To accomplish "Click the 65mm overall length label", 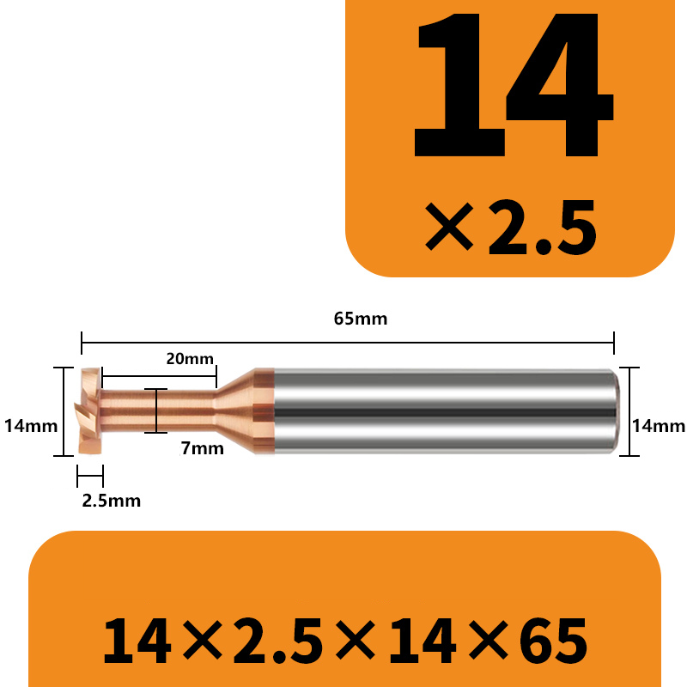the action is [x=361, y=319].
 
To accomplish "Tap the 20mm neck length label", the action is [x=190, y=359].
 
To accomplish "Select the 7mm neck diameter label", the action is [x=203, y=448].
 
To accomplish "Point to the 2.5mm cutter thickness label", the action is [x=112, y=501].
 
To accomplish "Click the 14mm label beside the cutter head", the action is [x=31, y=425].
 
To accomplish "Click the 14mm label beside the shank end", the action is [x=659, y=425].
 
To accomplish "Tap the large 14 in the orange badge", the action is [x=514, y=84].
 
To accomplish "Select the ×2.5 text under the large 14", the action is [x=511, y=227].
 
